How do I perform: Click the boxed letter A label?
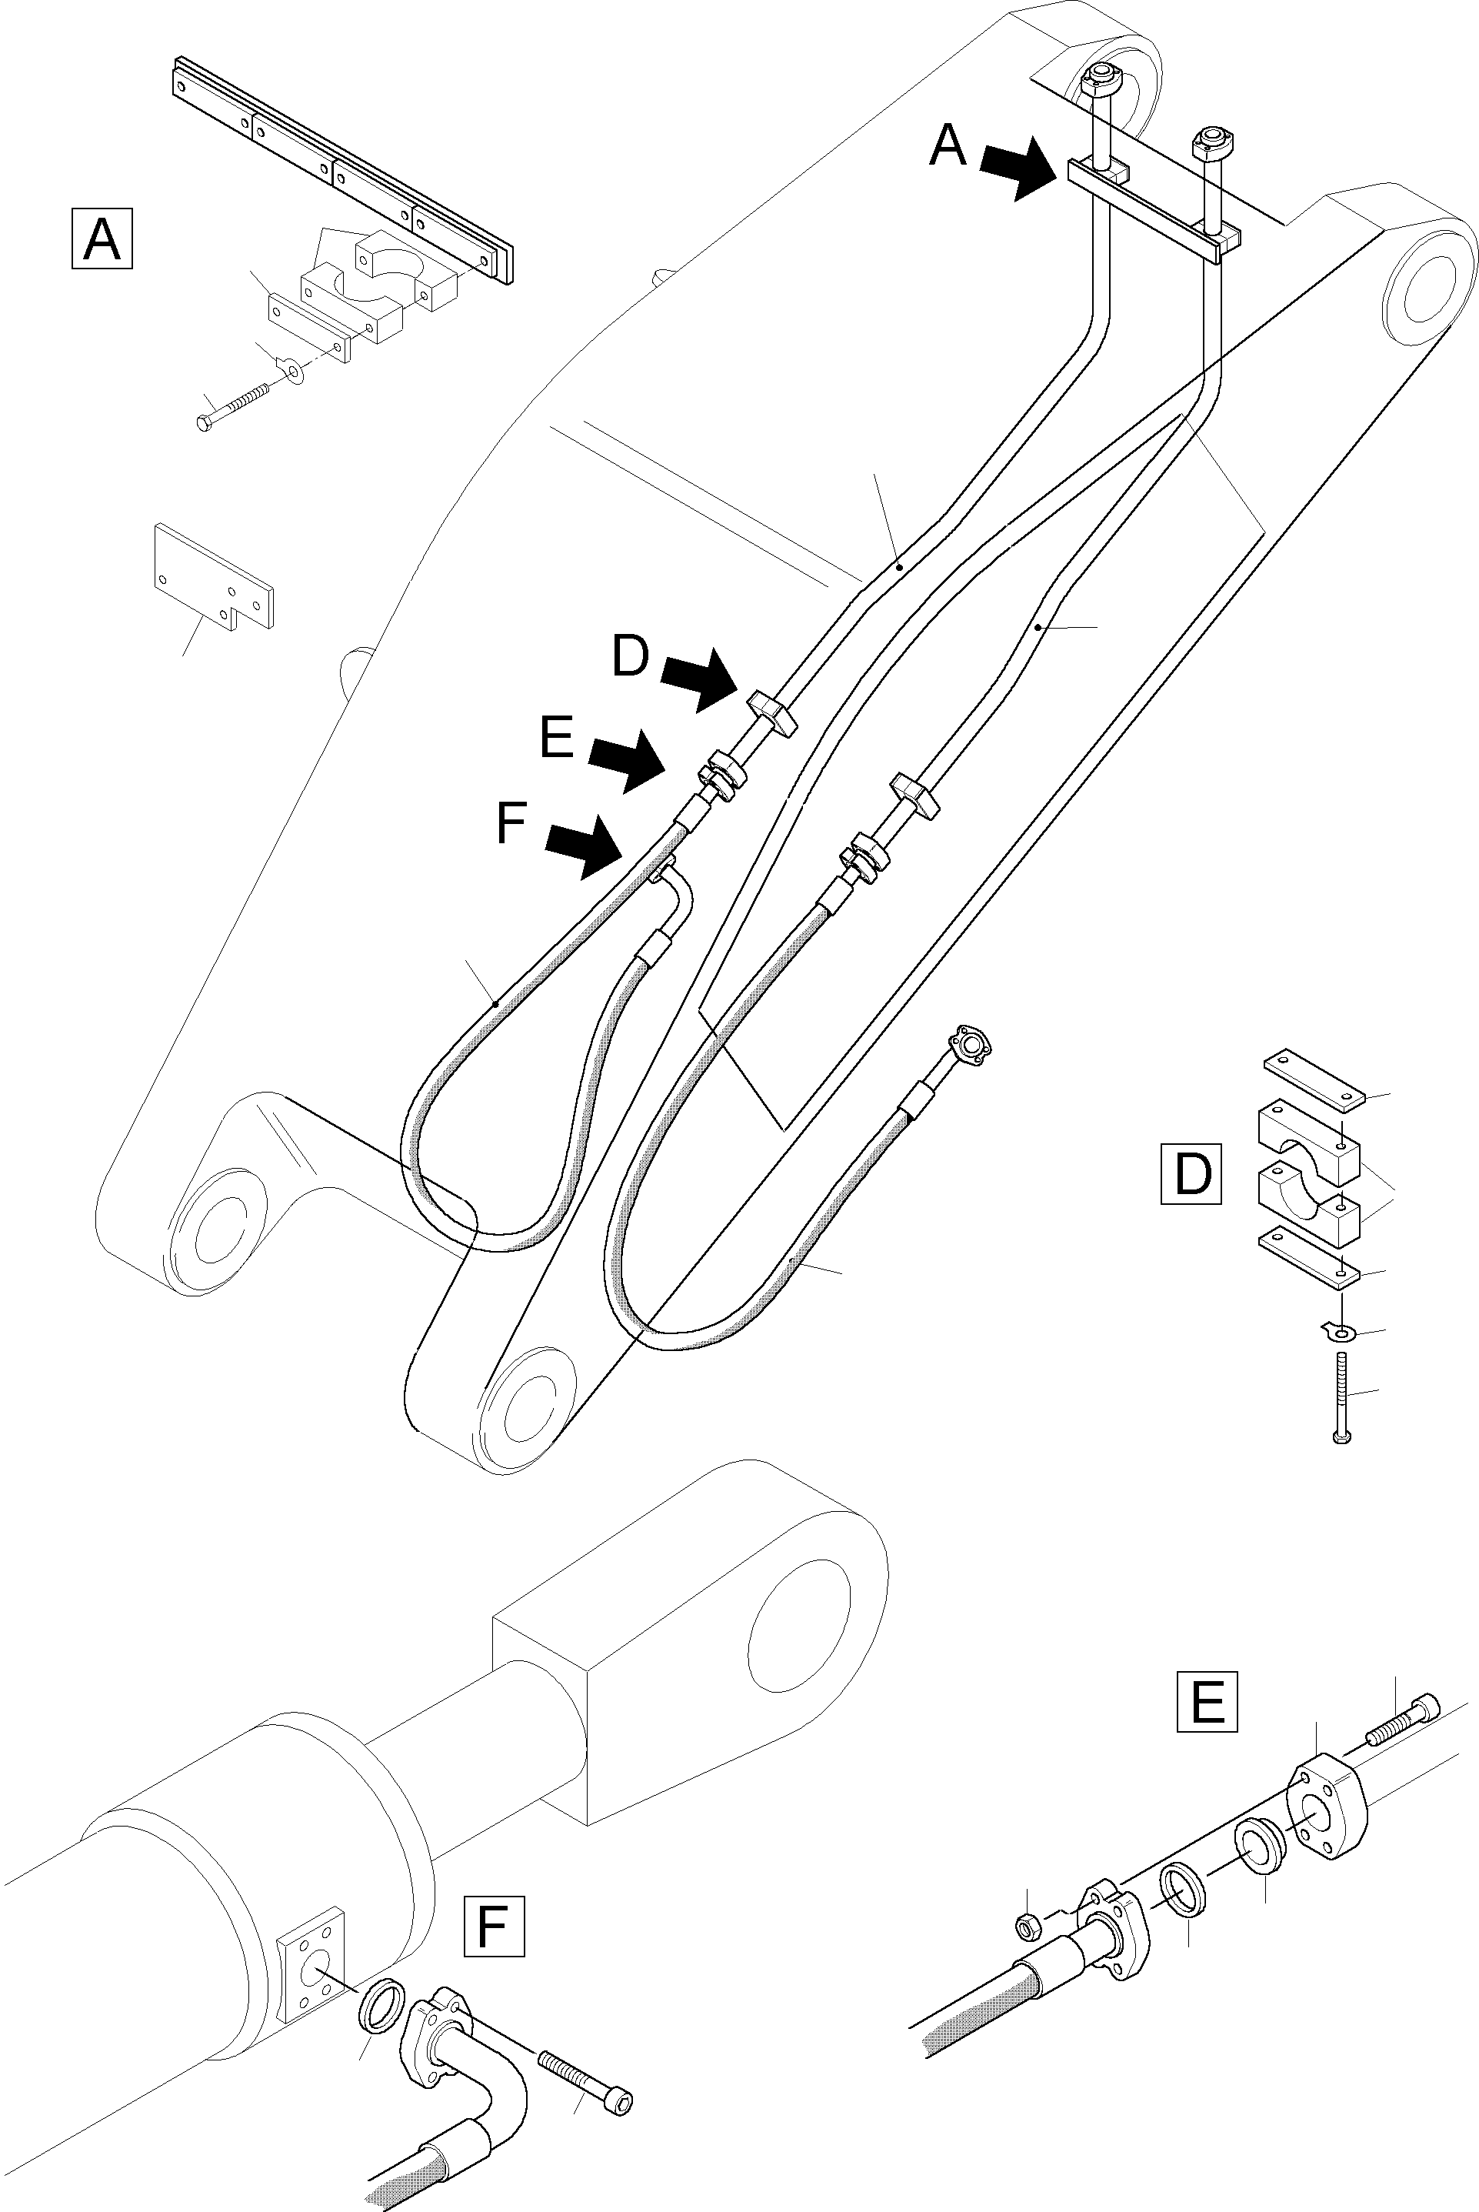102,241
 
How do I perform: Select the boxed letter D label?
1191,1173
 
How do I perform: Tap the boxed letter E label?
1208,1703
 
